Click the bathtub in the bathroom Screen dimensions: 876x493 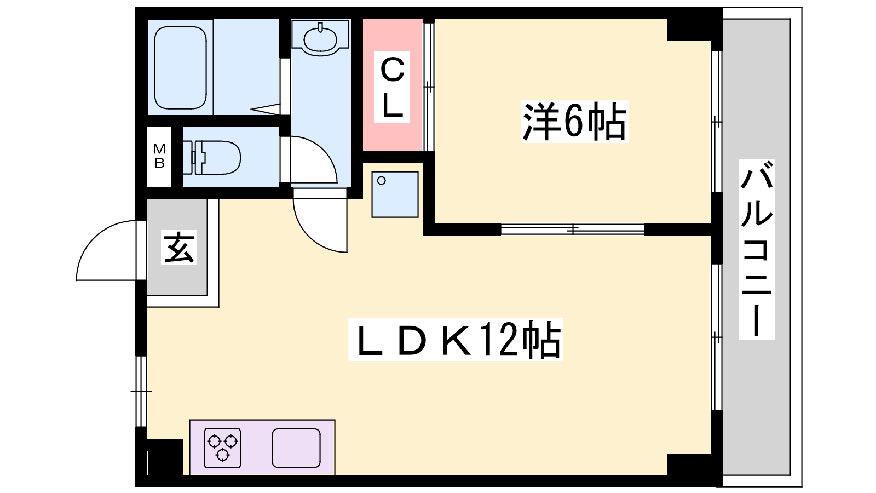click(180, 68)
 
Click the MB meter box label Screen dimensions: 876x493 click(159, 156)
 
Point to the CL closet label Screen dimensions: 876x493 click(392, 87)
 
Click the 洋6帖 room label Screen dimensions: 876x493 click(574, 121)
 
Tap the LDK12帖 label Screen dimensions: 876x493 click(456, 340)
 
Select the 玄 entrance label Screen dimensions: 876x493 click(178, 247)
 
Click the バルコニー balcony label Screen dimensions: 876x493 click(757, 249)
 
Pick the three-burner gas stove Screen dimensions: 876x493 click(222, 448)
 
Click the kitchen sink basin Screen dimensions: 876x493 click(296, 448)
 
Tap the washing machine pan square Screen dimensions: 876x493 click(395, 194)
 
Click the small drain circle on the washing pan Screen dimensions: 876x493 click(381, 181)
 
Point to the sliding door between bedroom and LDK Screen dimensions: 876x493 click(573, 230)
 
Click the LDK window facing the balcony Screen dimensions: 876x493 click(717, 337)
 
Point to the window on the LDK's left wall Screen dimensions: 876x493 click(141, 391)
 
